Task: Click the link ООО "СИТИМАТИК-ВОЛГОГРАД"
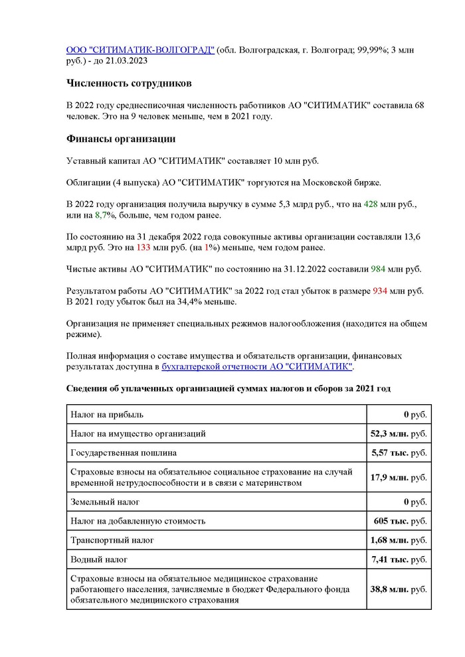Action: coord(140,49)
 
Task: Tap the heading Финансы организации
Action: coord(121,139)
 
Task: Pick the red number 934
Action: coord(380,291)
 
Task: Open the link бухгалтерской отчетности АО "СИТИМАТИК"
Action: coord(258,366)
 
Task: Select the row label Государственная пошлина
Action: coord(124,453)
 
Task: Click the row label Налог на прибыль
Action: coord(107,414)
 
